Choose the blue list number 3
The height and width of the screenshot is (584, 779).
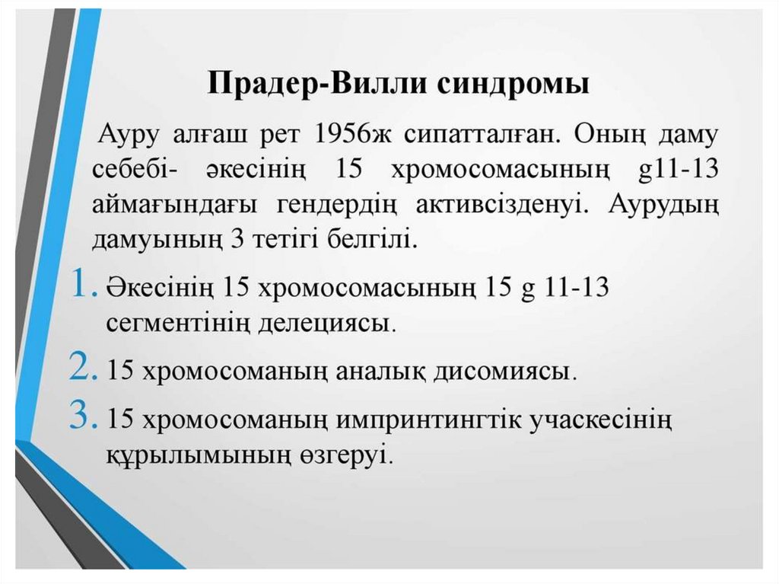coord(81,416)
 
